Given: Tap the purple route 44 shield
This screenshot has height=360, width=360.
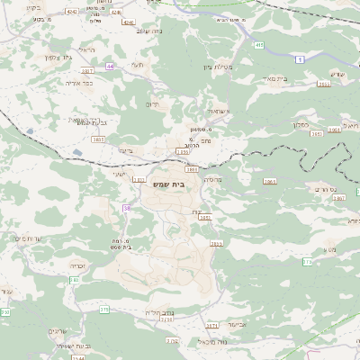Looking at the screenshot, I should (x=109, y=66).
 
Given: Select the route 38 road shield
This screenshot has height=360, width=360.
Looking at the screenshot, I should (x=127, y=208).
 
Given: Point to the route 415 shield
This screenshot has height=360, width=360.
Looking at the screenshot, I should (x=258, y=44).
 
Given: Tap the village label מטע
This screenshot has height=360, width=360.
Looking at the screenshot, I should (x=332, y=248).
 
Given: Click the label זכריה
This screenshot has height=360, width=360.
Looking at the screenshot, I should (x=78, y=266).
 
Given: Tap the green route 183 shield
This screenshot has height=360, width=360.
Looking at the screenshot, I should (x=307, y=262).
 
